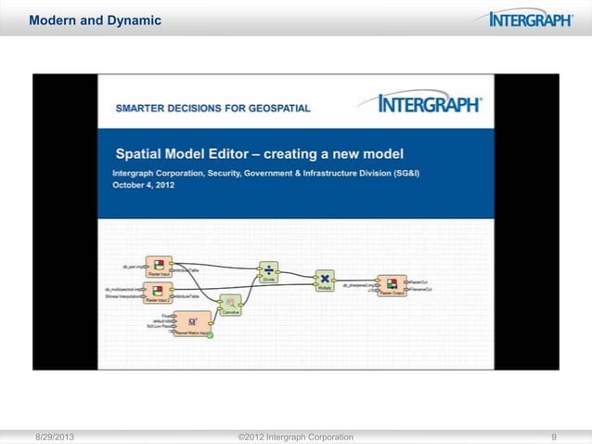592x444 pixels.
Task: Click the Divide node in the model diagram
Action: pyautogui.click(x=268, y=271)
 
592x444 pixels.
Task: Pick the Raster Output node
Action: pyautogui.click(x=391, y=286)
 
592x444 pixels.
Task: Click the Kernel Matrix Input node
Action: pyautogui.click(x=193, y=321)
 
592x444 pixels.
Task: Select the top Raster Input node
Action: pyautogui.click(x=159, y=268)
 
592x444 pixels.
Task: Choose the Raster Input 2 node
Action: pyautogui.click(x=159, y=294)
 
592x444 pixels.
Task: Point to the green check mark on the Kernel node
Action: pyautogui.click(x=211, y=334)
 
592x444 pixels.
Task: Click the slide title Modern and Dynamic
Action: pyautogui.click(x=82, y=20)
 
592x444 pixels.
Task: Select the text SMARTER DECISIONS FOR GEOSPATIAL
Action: pyautogui.click(x=212, y=108)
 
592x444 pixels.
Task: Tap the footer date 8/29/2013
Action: pyautogui.click(x=56, y=436)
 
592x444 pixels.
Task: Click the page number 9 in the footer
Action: pyautogui.click(x=554, y=436)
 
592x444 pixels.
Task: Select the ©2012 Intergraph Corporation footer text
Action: pyautogui.click(x=295, y=436)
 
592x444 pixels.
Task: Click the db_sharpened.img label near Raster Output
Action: pyautogui.click(x=357, y=285)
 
